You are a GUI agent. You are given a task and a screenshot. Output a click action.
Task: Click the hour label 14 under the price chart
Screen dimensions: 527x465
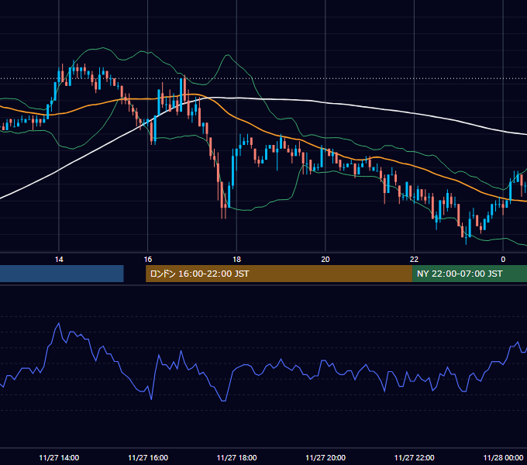point(59,260)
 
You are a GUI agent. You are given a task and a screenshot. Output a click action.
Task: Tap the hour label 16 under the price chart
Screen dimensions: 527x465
point(148,260)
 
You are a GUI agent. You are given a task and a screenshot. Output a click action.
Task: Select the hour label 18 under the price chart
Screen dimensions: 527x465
point(236,260)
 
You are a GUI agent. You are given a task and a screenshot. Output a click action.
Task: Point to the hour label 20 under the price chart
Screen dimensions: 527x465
point(325,260)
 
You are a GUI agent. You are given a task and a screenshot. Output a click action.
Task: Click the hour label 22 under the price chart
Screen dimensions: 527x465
point(414,260)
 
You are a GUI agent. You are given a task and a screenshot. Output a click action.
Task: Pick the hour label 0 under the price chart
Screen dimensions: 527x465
point(503,260)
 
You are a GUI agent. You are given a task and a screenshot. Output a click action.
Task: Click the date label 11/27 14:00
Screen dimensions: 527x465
point(59,457)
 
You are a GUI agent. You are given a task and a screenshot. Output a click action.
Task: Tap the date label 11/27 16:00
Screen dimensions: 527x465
point(148,457)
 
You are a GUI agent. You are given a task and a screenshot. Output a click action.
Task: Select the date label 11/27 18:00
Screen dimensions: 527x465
point(236,457)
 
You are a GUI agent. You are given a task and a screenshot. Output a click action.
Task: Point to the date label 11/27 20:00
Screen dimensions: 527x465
point(325,457)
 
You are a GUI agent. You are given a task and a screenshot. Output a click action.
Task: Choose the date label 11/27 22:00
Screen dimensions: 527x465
point(414,457)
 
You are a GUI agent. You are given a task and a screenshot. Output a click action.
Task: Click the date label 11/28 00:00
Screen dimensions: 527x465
point(503,457)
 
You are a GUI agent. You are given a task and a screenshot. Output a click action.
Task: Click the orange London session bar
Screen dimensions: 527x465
point(279,274)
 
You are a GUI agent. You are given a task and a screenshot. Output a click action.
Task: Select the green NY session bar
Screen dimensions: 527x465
point(470,274)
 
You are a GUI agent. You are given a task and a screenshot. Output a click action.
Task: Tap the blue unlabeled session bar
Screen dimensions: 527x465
point(62,274)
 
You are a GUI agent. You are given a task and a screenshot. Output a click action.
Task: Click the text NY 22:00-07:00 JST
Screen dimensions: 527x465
point(460,274)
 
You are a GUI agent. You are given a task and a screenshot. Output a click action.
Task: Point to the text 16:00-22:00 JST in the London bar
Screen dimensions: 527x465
point(213,274)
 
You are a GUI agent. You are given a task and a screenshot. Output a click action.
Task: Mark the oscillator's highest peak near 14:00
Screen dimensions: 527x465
point(59,323)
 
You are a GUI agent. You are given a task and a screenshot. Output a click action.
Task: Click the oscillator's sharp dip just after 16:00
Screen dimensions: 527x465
point(151,399)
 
